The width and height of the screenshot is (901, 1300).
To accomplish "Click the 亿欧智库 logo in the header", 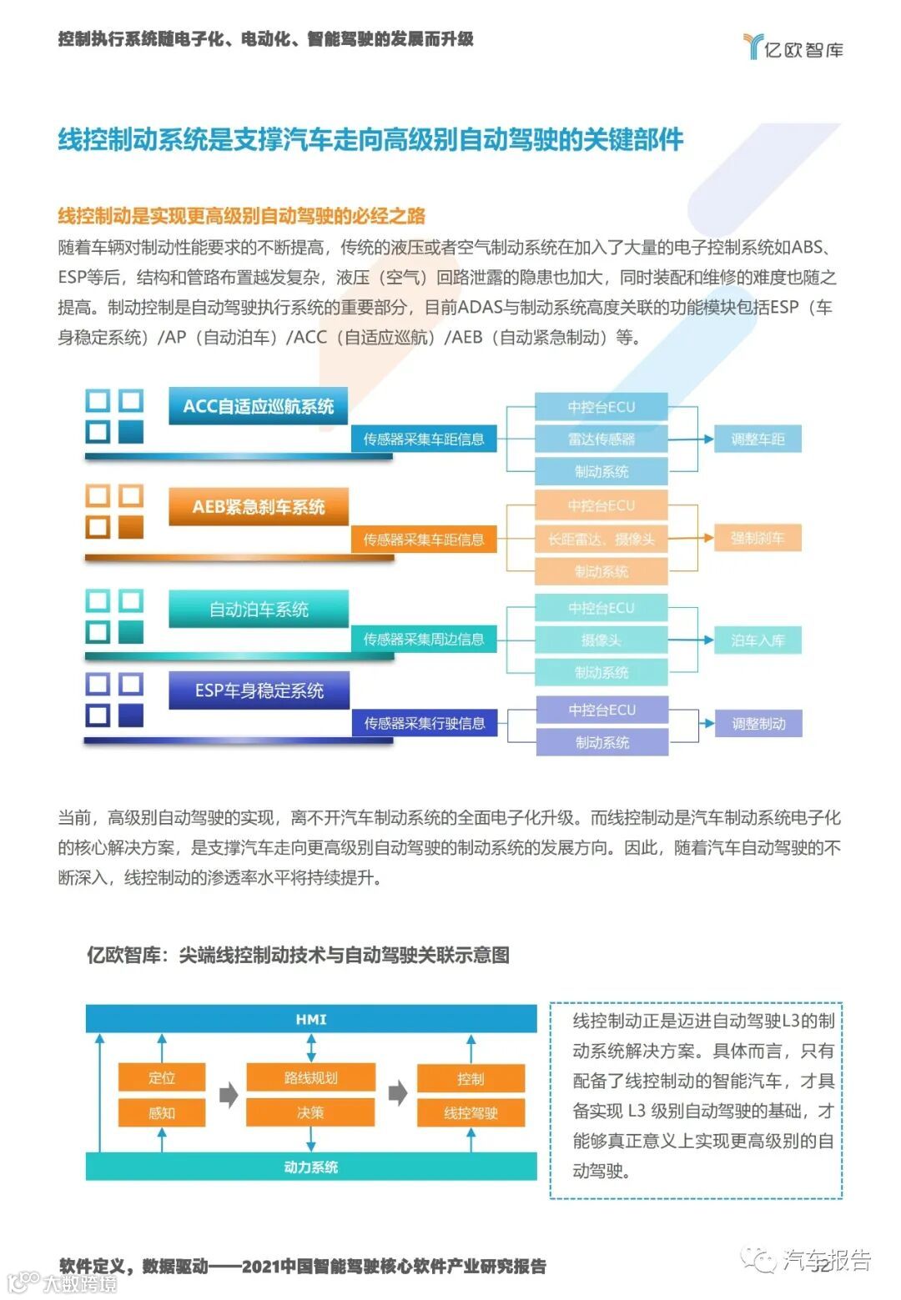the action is tap(793, 48).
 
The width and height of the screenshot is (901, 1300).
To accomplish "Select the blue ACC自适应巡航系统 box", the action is tap(258, 406).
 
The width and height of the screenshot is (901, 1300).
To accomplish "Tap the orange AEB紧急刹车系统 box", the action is tap(258, 507).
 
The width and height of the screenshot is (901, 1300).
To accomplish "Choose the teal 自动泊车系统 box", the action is tap(258, 610).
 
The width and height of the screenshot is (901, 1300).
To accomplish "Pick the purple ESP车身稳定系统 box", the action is tap(259, 690).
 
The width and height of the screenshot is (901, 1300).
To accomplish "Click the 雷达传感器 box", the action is tap(601, 439).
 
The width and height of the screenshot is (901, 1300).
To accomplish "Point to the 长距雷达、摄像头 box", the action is tap(601, 540).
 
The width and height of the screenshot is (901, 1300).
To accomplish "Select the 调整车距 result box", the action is tap(758, 439).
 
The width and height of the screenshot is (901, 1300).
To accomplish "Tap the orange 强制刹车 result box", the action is tap(758, 539).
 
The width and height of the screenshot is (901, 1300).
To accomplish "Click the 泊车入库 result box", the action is tap(758, 640).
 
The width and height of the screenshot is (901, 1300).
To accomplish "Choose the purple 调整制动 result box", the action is tap(758, 724).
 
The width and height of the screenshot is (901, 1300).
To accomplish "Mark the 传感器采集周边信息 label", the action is tap(423, 640).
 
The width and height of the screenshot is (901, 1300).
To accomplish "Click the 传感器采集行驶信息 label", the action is tap(424, 723).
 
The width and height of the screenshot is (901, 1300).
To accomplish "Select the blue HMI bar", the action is tap(311, 1019).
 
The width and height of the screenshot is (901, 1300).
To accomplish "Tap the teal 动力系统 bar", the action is tap(311, 1167).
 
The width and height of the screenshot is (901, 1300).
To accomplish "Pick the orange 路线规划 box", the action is tap(310, 1077).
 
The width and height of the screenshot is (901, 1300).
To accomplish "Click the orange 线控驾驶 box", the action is tap(471, 1112).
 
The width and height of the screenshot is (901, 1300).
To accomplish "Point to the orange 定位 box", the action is tap(161, 1077).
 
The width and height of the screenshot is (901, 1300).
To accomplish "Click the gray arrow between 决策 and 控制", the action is tap(398, 1093).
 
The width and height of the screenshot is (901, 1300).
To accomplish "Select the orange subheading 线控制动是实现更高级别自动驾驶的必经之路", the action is tap(241, 217).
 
